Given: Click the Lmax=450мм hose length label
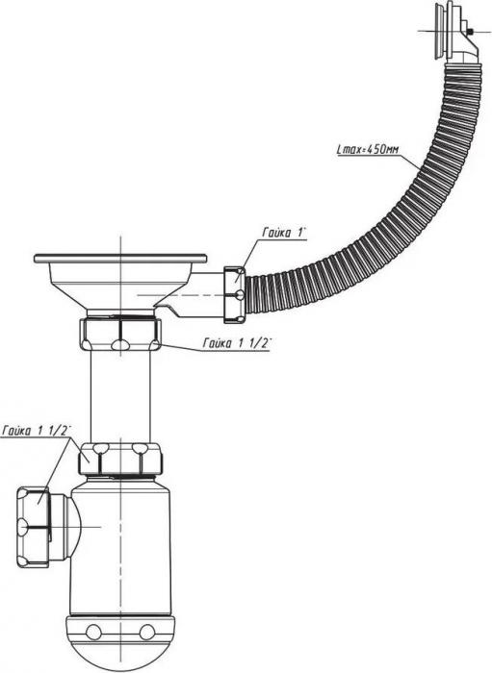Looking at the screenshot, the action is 367,150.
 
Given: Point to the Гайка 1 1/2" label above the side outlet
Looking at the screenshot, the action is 36,431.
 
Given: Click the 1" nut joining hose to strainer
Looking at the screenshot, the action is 235,295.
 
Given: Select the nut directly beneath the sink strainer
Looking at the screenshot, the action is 120,334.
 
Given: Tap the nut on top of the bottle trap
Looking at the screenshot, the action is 120,459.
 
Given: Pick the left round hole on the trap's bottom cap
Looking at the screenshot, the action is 93,632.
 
